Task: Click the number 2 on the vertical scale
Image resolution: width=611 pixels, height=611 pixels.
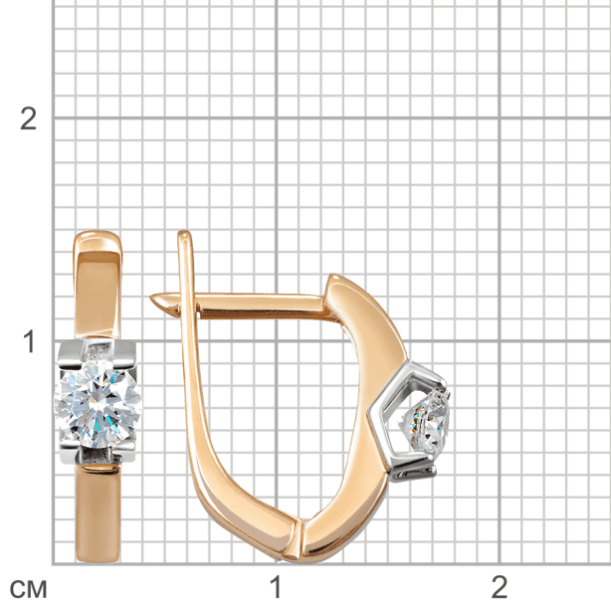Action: pyautogui.click(x=28, y=118)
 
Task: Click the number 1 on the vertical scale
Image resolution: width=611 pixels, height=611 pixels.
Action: pyautogui.click(x=29, y=342)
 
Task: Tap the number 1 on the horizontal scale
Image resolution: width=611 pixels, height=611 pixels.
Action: pyautogui.click(x=276, y=587)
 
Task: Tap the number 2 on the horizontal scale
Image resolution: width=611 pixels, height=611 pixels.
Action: pyautogui.click(x=500, y=587)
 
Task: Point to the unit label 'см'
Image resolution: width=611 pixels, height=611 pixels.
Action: pyautogui.click(x=28, y=589)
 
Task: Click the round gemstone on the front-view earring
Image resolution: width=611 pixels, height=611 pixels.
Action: pyautogui.click(x=99, y=404)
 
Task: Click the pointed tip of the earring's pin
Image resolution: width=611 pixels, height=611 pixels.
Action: pyautogui.click(x=151, y=299)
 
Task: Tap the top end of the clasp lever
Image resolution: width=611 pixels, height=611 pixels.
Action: pyautogui.click(x=184, y=233)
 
